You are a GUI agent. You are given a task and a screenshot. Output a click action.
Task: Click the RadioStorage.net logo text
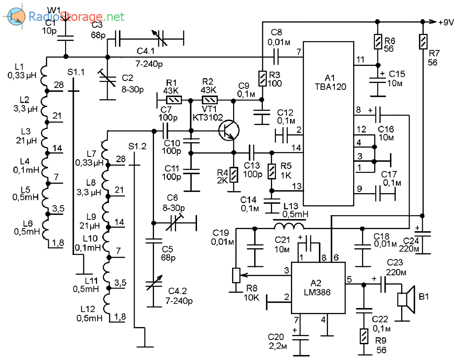[x=76, y=17]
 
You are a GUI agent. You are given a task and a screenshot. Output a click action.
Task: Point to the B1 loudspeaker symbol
[x=407, y=300]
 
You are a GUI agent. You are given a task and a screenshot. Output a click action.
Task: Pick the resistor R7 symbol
[x=422, y=41]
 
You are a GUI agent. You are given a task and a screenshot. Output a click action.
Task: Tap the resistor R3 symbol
[x=262, y=78]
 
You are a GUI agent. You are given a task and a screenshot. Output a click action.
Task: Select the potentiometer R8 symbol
[x=236, y=275]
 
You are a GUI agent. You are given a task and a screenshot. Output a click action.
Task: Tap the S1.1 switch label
[x=76, y=72]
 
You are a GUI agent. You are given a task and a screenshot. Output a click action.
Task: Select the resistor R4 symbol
[x=234, y=174]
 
